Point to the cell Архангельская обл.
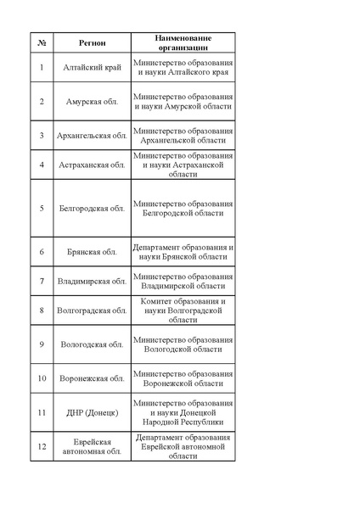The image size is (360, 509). [92, 135]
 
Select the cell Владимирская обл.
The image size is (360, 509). [92, 281]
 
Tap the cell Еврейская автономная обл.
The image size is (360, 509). [92, 446]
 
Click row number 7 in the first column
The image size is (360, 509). [42, 281]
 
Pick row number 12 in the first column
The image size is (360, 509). [42, 446]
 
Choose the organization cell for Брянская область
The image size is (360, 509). [183, 252]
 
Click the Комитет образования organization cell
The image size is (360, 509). [183, 310]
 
